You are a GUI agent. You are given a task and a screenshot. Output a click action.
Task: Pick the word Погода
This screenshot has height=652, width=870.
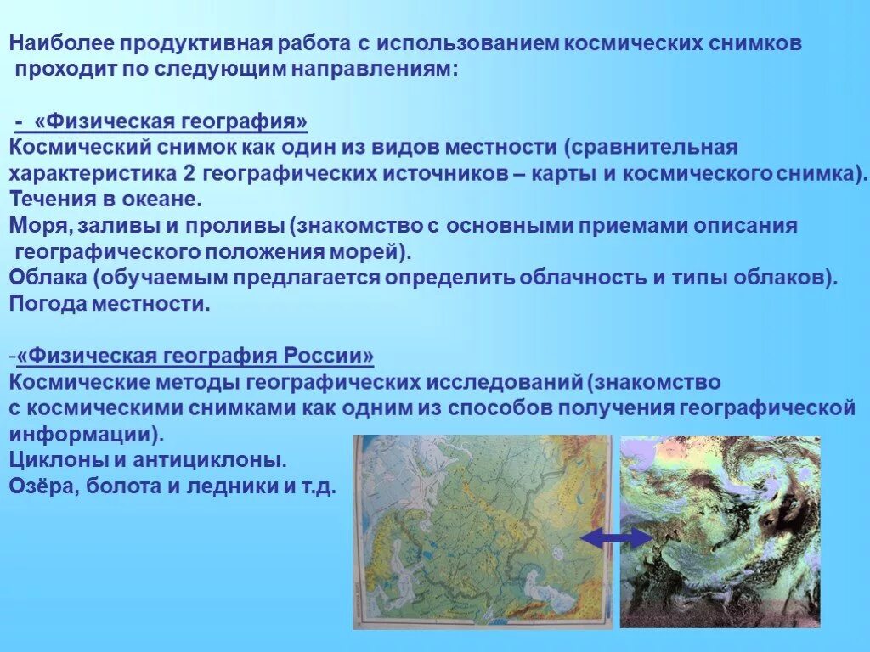tap(46, 303)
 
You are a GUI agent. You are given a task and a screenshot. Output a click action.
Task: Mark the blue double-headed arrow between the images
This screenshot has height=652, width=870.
tap(616, 537)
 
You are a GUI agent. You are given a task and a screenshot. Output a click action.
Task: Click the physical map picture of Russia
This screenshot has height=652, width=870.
tap(482, 531)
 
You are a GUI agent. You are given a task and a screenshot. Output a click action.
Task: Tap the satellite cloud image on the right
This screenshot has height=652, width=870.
tap(720, 531)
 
